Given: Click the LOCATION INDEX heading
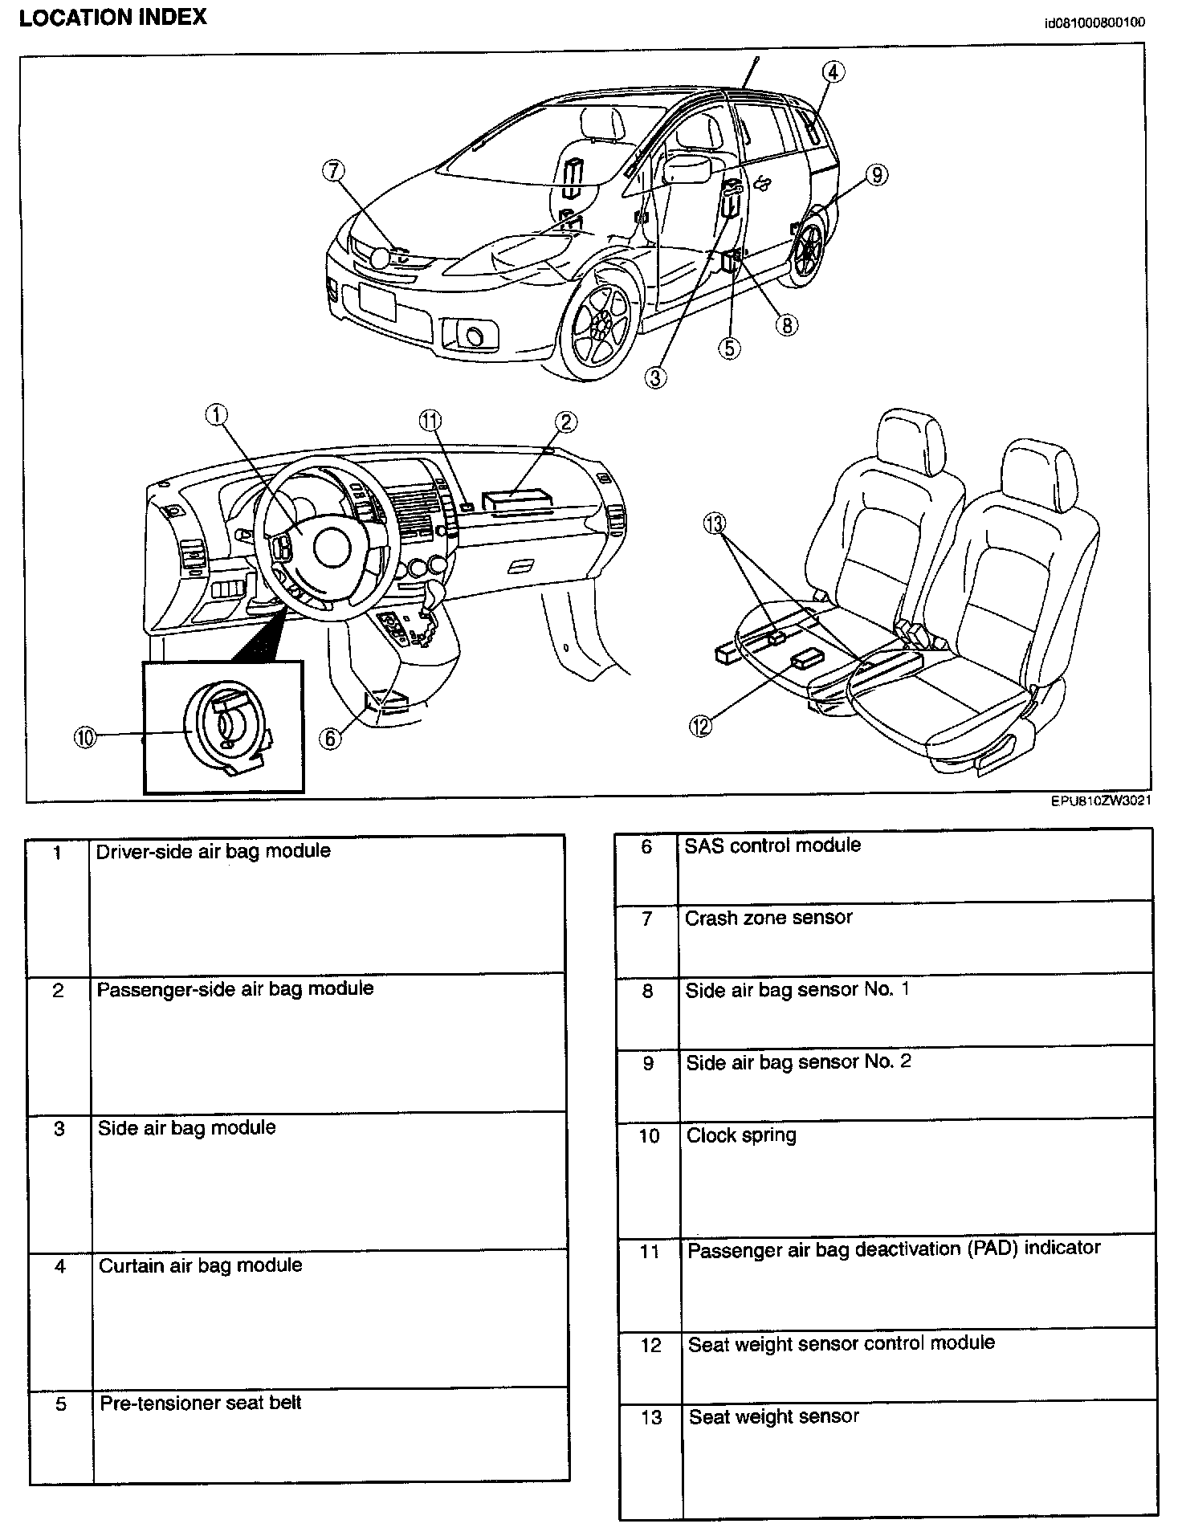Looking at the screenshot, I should coord(112,18).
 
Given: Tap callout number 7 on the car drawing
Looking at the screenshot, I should coord(334,170).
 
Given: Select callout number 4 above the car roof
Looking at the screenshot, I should coord(834,72).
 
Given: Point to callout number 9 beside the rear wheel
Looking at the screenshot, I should coord(877,174).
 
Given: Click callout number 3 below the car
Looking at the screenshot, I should coord(656,377).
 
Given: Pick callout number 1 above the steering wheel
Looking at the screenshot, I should coord(216,414).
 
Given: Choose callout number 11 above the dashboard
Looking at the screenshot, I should coord(430,420).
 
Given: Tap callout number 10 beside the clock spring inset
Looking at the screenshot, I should coord(85,737).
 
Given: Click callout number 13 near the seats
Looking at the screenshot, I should coord(714,524).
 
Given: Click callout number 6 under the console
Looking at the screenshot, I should coord(330,737).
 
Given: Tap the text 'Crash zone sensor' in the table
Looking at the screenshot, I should coord(768,918).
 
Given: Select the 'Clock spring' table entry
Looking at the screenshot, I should coord(741,1135).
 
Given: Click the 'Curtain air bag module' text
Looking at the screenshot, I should coord(201,1265).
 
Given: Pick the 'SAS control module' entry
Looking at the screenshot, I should coord(772,845).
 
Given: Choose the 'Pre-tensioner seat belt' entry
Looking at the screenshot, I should coord(201,1403).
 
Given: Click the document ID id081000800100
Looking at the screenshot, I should coord(1094,22).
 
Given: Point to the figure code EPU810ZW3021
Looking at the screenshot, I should coord(1101,801).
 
